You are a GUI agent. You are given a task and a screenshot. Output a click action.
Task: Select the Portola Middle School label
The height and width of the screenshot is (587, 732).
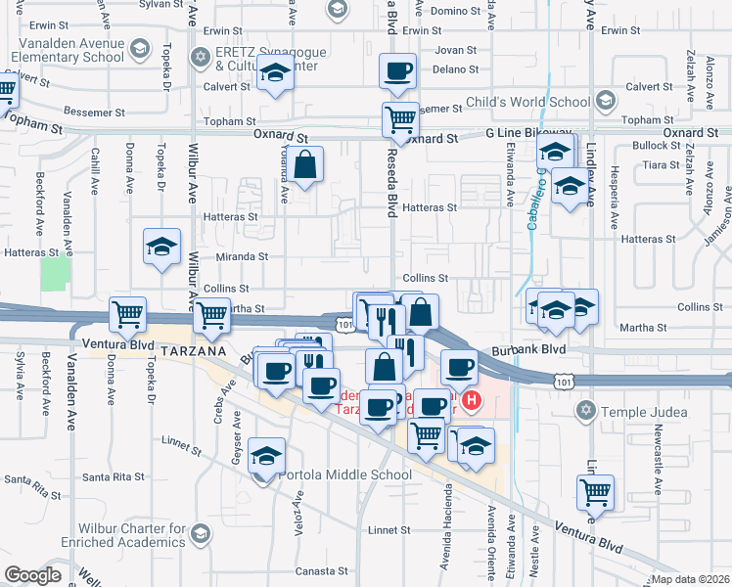click(332, 475)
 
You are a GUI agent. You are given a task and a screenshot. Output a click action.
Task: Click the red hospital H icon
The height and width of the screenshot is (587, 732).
click(473, 400)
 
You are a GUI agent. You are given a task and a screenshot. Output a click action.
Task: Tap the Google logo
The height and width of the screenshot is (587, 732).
click(33, 575)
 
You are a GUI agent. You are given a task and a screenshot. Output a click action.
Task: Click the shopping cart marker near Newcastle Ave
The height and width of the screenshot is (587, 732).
click(595, 492)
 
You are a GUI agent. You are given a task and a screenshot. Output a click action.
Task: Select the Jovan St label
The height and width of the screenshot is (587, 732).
click(455, 49)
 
